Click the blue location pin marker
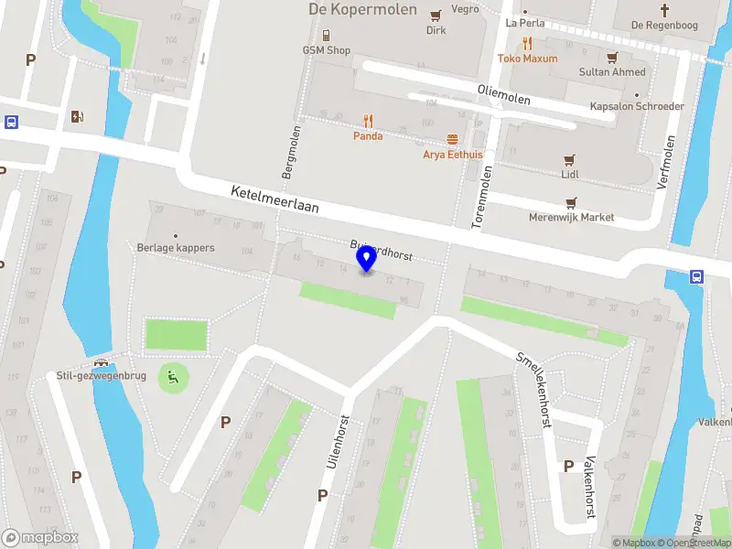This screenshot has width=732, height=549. (x=367, y=260)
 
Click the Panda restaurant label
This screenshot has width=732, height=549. (x=368, y=135)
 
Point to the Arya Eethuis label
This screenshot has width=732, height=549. (x=452, y=155)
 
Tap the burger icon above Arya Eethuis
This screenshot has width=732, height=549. (x=452, y=139)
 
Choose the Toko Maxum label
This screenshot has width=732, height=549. (x=527, y=59)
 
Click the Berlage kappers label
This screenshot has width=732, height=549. (x=176, y=248)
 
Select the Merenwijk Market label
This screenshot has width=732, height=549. (x=572, y=218)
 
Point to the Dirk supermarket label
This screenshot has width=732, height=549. (x=436, y=29)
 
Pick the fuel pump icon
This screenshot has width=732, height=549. (x=77, y=116)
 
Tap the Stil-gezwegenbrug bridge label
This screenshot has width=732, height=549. (x=95, y=375)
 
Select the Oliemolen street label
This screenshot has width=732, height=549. (x=504, y=93)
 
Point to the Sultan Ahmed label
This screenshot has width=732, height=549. (x=612, y=71)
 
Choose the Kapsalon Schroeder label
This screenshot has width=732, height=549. (x=637, y=106)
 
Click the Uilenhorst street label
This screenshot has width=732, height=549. (x=338, y=442)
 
